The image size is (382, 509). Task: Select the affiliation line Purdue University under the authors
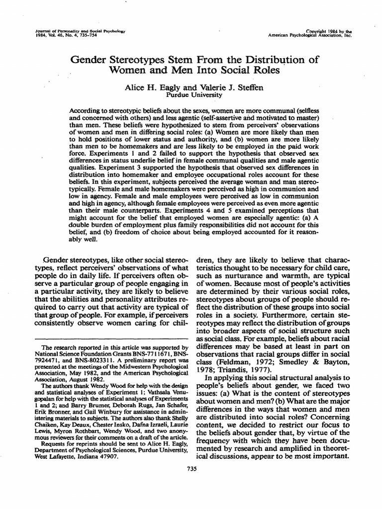click(x=191, y=95)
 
